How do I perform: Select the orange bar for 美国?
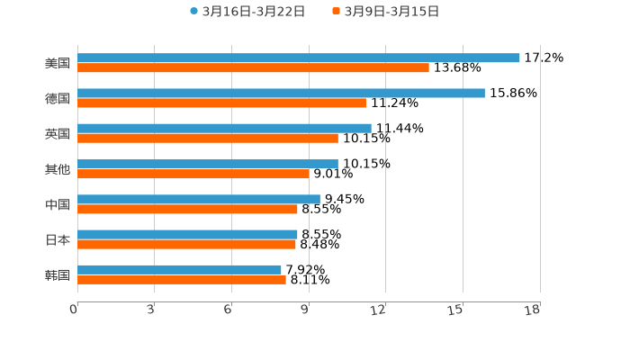253,68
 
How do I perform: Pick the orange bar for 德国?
221,103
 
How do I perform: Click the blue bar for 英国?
224,128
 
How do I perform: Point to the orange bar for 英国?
208,139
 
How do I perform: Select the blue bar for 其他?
208,164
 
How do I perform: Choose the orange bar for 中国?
187,210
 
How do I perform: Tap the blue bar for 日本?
187,234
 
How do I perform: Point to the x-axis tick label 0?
74,310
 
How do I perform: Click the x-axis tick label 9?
305,310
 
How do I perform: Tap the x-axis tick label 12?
379,310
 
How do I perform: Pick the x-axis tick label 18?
533,310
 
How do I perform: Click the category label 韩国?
58,274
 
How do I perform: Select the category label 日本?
58,239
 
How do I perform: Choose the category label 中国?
58,204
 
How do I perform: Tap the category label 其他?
58,168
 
